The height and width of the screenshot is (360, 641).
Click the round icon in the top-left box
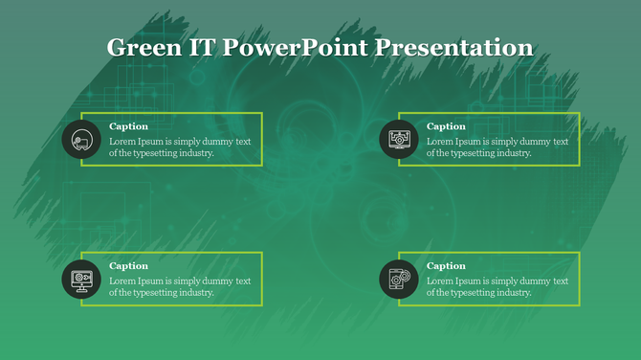pos(81,140)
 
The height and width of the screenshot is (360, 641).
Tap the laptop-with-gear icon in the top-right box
pos(399,140)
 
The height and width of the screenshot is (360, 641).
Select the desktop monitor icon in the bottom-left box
pos(81,280)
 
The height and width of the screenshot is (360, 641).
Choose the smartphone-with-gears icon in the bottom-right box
pos(399,280)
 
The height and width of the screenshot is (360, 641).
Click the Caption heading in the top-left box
pos(128,126)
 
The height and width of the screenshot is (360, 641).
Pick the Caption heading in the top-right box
pos(446,126)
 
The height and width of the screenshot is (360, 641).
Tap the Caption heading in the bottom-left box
pos(128,266)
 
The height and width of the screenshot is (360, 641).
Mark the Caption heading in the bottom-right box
pos(446,266)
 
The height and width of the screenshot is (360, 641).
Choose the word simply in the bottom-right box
pos(509,281)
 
